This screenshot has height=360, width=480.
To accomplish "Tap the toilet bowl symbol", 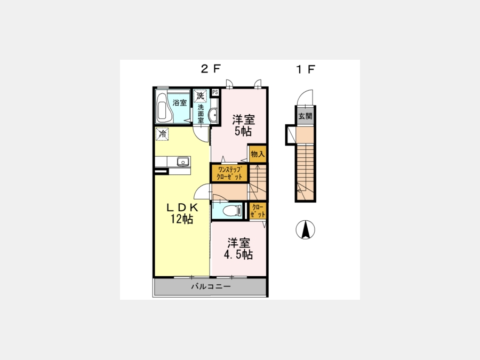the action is tap(232, 211).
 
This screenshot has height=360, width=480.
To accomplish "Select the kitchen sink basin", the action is tap(183, 161).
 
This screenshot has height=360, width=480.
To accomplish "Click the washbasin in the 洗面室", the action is tap(213, 115).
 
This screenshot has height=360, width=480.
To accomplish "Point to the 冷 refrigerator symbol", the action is tap(162, 134).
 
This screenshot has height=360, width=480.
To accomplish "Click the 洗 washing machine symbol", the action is tap(200, 96).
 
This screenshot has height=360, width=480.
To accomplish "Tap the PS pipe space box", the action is tap(215, 92).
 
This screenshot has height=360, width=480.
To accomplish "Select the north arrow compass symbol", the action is tap(305, 229).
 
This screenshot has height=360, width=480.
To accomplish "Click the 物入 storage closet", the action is tap(258, 154).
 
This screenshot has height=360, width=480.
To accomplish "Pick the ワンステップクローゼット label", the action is tap(229, 173).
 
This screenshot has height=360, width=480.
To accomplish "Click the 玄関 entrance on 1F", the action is tap(305, 116).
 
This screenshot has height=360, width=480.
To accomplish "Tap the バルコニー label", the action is tap(211, 286).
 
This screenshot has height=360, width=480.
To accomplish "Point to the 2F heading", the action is tap(211, 69).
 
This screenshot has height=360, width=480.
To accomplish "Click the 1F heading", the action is tap(306, 69).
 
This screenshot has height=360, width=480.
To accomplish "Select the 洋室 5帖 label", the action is tap(243, 125).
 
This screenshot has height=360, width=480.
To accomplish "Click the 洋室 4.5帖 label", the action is tap(238, 249).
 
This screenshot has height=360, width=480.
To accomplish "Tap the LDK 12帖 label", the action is tap(182, 213).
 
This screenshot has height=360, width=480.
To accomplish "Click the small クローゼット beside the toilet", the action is tap(258, 211).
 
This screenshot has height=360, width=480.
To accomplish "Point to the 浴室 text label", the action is tap(180, 102).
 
